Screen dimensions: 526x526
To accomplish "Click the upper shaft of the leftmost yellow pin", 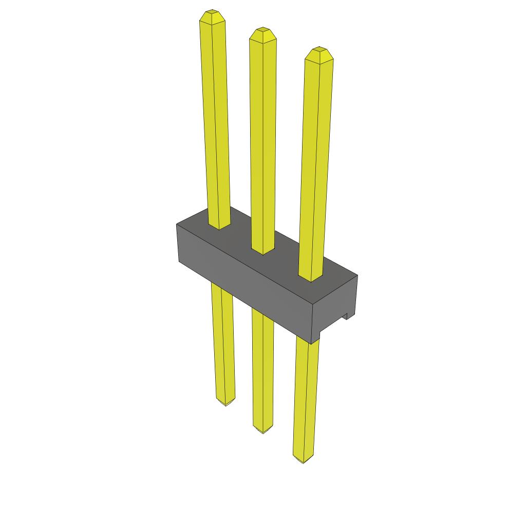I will (x=215, y=118).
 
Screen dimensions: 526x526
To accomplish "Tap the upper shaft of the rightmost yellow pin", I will (x=314, y=159).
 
